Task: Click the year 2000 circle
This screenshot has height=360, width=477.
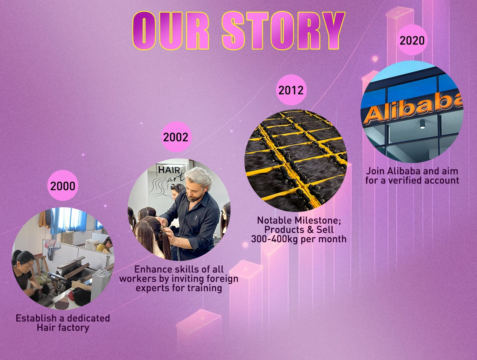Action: (x=63, y=185)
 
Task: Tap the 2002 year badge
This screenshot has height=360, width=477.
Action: (x=176, y=137)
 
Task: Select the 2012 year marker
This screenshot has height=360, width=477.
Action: (x=291, y=90)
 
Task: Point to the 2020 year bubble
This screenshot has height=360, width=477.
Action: (x=412, y=40)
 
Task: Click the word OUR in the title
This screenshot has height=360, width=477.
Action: (x=171, y=31)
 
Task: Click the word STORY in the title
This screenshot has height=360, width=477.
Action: (x=283, y=31)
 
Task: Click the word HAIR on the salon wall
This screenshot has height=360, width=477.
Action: (x=169, y=170)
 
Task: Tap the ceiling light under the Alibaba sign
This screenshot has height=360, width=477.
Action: (x=422, y=125)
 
